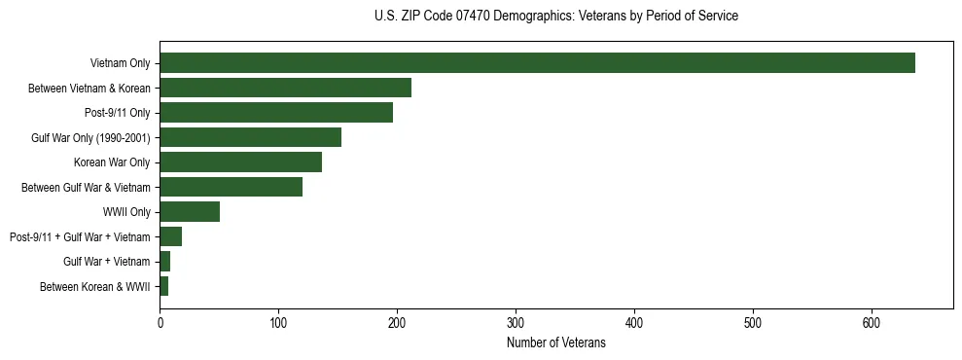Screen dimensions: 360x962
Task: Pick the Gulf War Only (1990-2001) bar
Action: coord(250,137)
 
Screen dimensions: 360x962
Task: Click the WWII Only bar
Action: coord(190,212)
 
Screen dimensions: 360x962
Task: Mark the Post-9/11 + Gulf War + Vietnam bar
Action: coord(170,236)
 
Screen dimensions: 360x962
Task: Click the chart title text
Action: coord(555,17)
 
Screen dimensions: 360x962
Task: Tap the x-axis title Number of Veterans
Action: coord(555,343)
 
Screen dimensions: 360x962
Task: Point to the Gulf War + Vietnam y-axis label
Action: coord(106,262)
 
